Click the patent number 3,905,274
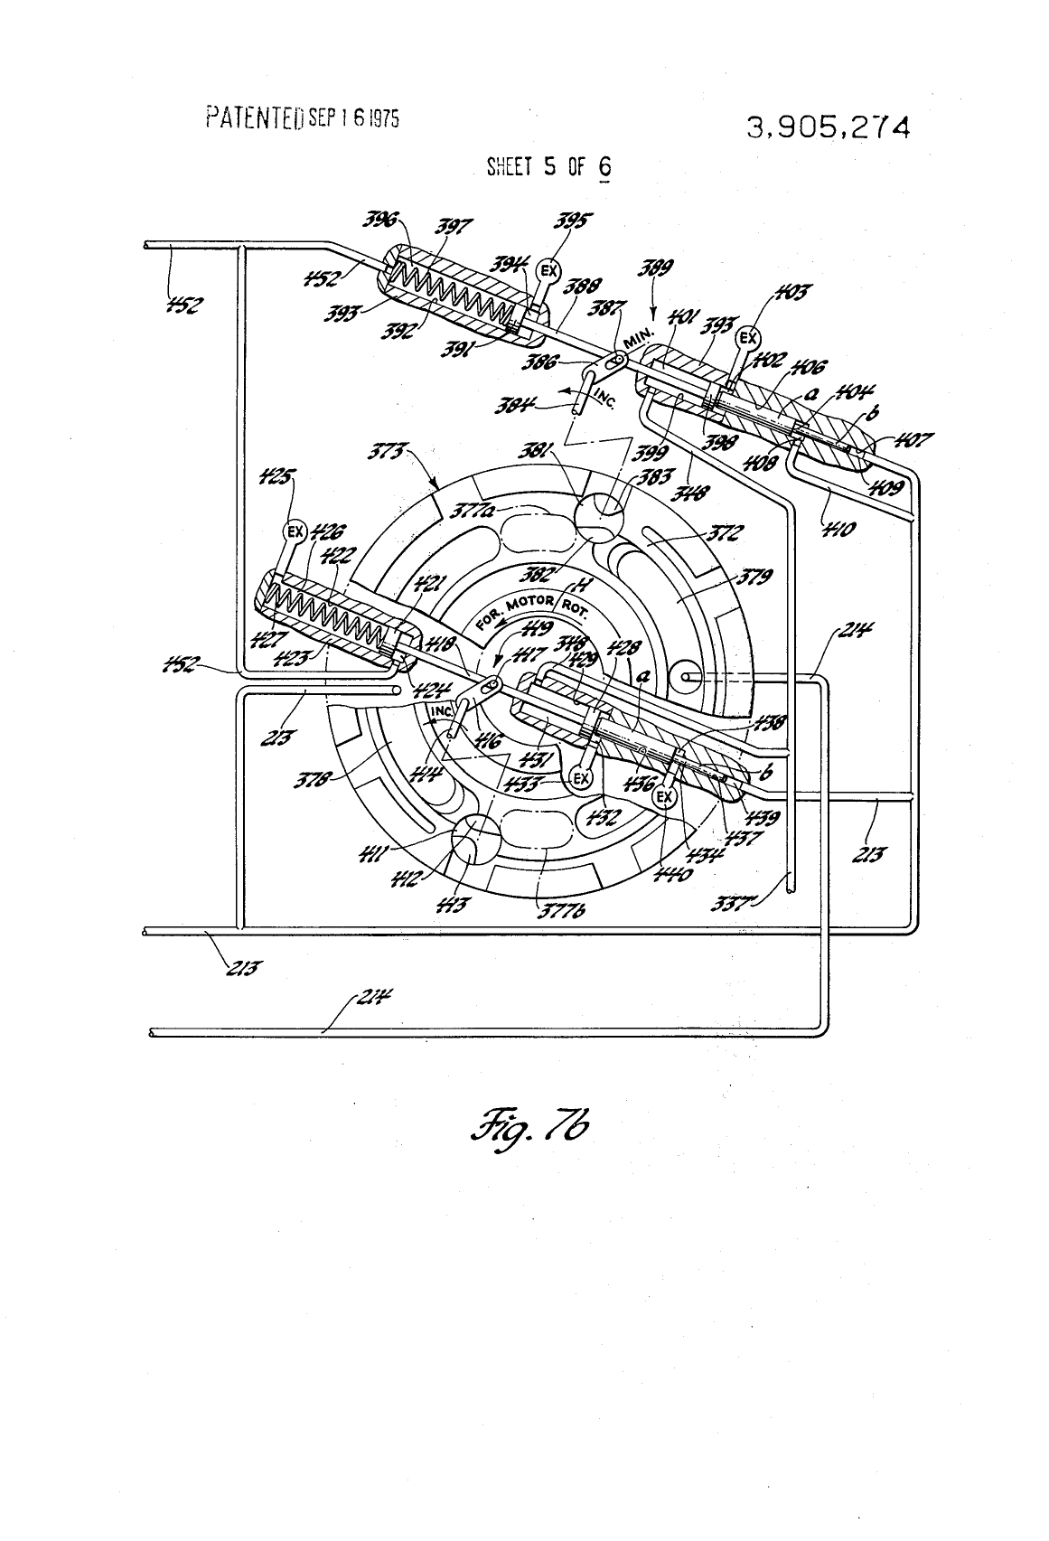click(x=827, y=127)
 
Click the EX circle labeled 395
click(x=547, y=269)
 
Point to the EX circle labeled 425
click(x=295, y=531)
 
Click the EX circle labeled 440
click(x=664, y=796)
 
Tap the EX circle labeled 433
click(x=581, y=776)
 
